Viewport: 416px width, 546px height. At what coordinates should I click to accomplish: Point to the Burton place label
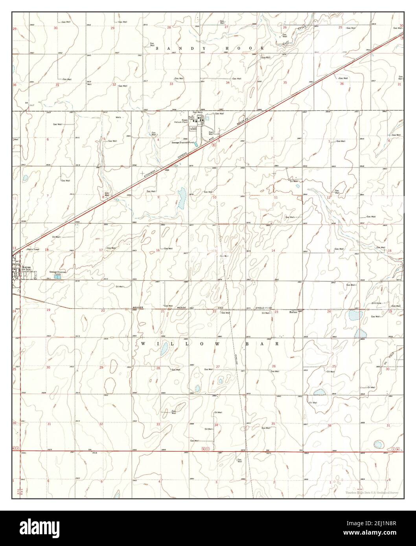point(293,312)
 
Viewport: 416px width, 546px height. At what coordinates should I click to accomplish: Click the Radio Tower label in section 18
point(33,249)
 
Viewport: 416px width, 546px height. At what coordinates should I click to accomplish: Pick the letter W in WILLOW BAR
point(142,343)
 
